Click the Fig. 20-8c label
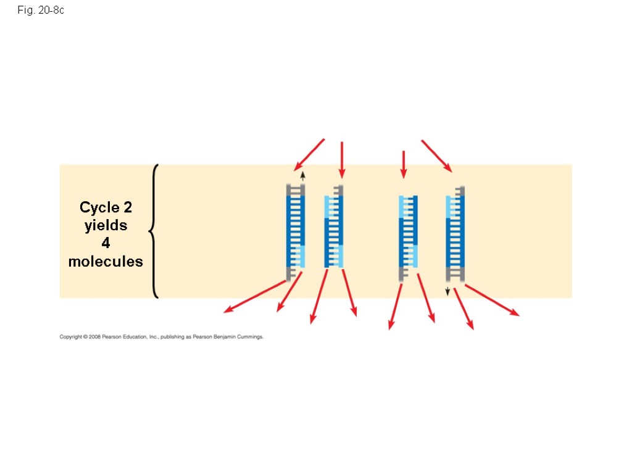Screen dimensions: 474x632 [41, 11]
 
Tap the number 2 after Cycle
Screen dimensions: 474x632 [127, 207]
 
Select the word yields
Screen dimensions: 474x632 [106, 225]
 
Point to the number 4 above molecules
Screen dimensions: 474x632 [106, 243]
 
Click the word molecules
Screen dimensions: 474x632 [106, 261]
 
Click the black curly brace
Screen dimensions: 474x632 [154, 231]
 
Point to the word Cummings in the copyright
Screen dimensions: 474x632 [250, 337]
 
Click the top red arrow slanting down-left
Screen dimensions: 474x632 [309, 154]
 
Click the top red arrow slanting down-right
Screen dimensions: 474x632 [436, 156]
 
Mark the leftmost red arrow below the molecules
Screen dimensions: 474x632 [254, 296]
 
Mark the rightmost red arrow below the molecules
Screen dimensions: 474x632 [492, 300]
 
